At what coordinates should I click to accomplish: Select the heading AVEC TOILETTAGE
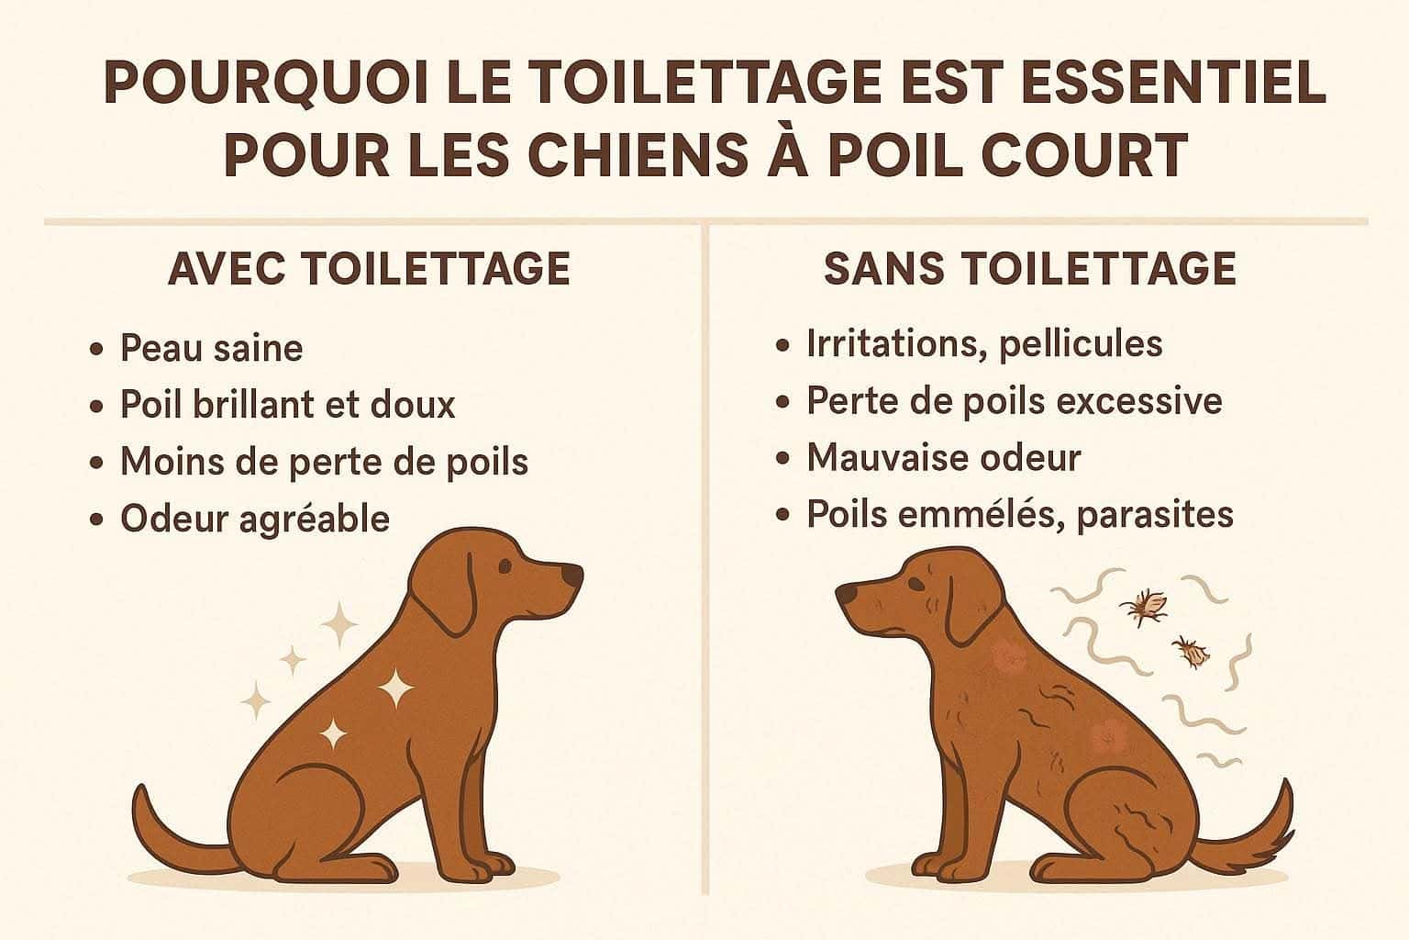[x=370, y=270]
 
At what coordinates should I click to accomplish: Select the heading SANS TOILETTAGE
[x=1030, y=269]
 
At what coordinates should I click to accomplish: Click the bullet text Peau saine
[x=211, y=348]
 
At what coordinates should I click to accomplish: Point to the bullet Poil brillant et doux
[x=287, y=404]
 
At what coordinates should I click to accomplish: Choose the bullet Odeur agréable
[x=255, y=520]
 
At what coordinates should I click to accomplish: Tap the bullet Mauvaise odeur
[x=944, y=457]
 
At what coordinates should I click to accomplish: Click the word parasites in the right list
[x=1155, y=516]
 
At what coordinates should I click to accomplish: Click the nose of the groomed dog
[x=571, y=575]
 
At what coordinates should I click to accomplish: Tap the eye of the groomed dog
[x=504, y=566]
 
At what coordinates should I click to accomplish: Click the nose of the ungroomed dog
[x=846, y=594]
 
